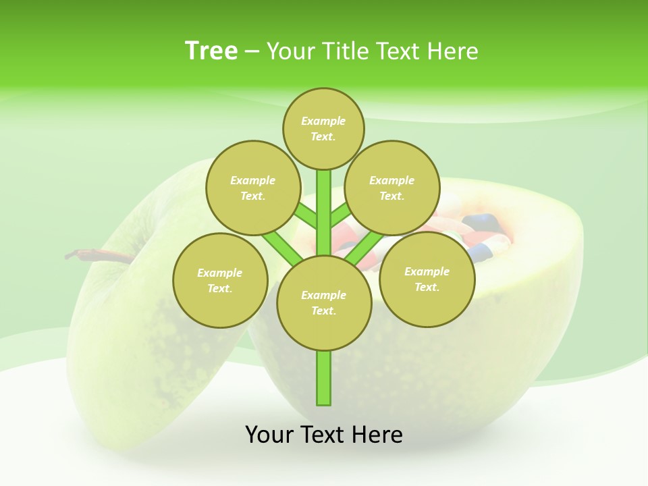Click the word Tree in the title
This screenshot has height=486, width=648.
(x=211, y=51)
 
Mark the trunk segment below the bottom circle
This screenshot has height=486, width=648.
(x=324, y=378)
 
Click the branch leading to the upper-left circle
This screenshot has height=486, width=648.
(x=305, y=217)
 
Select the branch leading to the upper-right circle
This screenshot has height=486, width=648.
(x=341, y=215)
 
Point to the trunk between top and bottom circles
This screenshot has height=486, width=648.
(x=324, y=202)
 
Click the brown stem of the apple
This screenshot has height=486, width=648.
(x=94, y=255)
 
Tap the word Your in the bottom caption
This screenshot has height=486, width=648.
(x=268, y=435)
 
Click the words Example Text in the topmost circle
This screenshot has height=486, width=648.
(x=323, y=129)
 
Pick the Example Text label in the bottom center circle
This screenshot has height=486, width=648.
(x=323, y=303)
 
